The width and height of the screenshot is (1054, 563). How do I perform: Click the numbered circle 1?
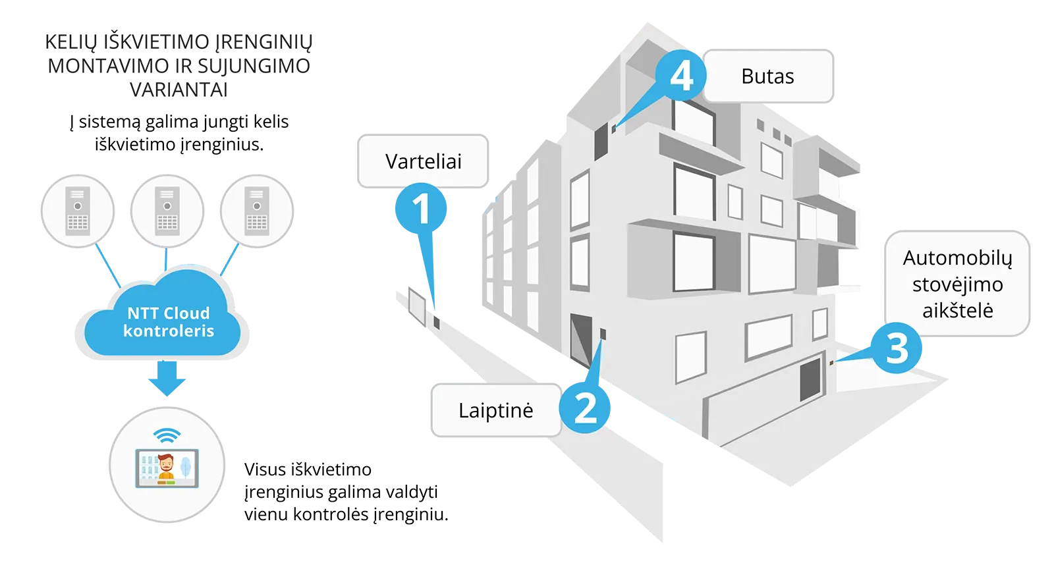[420, 209]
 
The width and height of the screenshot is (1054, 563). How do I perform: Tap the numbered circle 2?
[585, 408]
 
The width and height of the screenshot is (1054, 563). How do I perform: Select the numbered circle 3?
[897, 348]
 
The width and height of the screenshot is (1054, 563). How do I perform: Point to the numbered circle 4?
[681, 76]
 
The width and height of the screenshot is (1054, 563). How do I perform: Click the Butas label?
[767, 76]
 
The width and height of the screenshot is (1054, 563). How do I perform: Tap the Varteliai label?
[423, 161]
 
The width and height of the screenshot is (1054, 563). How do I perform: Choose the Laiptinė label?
[495, 410]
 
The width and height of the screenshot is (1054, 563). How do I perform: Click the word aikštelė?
[957, 310]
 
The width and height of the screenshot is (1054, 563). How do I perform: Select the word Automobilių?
[957, 257]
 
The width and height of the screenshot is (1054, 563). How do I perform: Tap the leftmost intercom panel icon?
[78, 211]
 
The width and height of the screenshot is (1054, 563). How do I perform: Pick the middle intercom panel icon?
[167, 211]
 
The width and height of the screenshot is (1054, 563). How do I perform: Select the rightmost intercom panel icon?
[256, 211]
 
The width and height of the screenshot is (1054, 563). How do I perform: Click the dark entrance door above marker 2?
[581, 339]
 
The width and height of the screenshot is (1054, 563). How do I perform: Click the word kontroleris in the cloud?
[169, 331]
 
